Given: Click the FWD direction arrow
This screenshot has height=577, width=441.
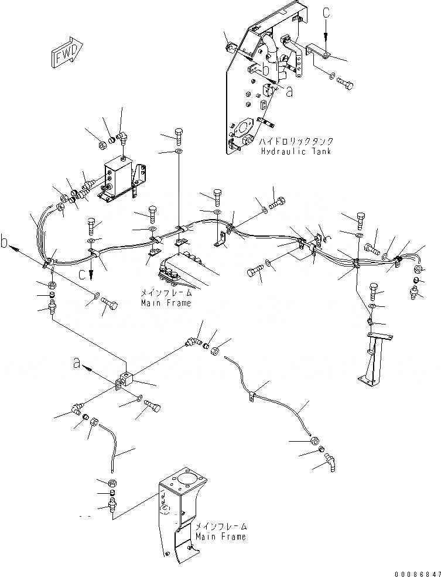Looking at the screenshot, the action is tap(67, 52).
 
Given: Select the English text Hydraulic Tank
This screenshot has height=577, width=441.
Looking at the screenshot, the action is tap(296, 151).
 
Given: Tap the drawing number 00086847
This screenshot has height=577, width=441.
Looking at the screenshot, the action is tap(418, 573).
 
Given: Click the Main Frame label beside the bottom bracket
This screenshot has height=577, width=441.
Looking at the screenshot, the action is tap(221, 537).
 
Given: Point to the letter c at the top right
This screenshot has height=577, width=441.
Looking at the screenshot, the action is tap(326, 13).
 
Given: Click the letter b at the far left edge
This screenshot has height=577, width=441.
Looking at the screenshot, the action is tap(5, 243).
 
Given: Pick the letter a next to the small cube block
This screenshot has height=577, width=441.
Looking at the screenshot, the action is tap(77, 364).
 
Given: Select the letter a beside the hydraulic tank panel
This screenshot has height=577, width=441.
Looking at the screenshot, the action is tap(290, 93).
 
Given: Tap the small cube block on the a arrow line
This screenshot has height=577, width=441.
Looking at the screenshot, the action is tap(126, 378).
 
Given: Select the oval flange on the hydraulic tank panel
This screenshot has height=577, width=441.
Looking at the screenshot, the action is tap(242, 129).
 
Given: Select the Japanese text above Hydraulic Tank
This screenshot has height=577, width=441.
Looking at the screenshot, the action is tap(296, 141).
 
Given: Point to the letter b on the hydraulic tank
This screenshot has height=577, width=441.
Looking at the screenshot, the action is tap(265, 69).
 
